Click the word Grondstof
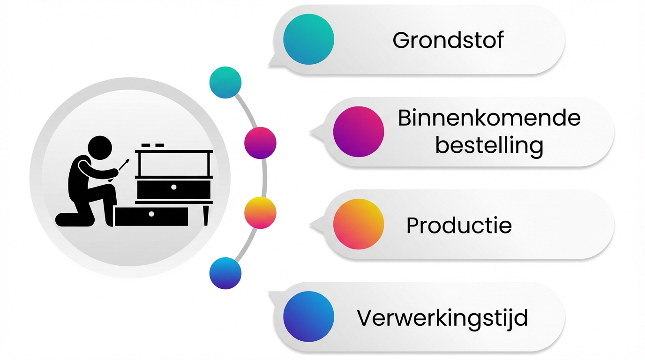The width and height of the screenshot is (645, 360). point(448,40)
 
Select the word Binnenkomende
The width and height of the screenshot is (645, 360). point(489,118)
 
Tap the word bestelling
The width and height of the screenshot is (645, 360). point(489,145)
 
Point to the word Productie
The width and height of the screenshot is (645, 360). point(458,225)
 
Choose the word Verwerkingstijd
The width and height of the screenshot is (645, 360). point(442,318)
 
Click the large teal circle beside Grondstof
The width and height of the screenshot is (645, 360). point(308,39)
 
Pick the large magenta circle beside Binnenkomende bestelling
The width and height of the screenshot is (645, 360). point(358,132)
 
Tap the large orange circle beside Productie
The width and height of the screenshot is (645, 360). point(358,224)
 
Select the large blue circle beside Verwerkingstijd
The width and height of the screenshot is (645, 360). point(308,316)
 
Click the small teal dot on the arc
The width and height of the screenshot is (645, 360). point(225,82)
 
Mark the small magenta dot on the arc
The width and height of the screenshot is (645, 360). point(260,143)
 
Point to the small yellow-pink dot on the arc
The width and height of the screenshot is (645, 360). point(260,213)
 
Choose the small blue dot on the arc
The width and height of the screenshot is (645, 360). point(225,273)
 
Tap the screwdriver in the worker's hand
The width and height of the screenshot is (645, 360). point(124,164)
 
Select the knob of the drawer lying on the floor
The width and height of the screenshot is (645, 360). point(151,214)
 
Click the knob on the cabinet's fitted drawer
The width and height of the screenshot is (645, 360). point(173,187)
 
